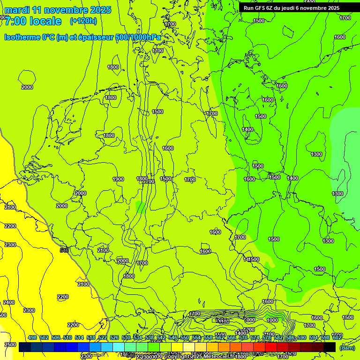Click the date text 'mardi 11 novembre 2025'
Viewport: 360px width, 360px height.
pyautogui.click(x=58, y=10)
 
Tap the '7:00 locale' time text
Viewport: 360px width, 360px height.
pyautogui.click(x=33, y=21)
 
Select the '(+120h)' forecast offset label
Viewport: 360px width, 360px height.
pyautogui.click(x=83, y=21)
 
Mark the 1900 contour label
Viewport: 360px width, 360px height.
pyautogui.click(x=118, y=179)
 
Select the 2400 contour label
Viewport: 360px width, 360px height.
pyautogui.click(x=8, y=302)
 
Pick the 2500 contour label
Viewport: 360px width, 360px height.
pyautogui.click(x=9, y=345)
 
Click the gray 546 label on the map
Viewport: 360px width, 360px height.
pyautogui.click(x=65, y=250)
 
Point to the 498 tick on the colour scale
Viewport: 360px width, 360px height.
pyautogui.click(x=32, y=337)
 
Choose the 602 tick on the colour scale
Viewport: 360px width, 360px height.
pyautogui.click(x=337, y=337)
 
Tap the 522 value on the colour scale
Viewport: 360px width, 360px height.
pyautogui.click(x=103, y=337)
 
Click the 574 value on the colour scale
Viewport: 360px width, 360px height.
pyautogui.click(x=255, y=337)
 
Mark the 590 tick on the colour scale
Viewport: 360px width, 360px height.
pyautogui.click(x=302, y=337)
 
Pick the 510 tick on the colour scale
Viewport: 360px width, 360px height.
pyautogui.click(x=67, y=337)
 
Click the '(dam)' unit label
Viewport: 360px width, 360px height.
pyautogui.click(x=347, y=348)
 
